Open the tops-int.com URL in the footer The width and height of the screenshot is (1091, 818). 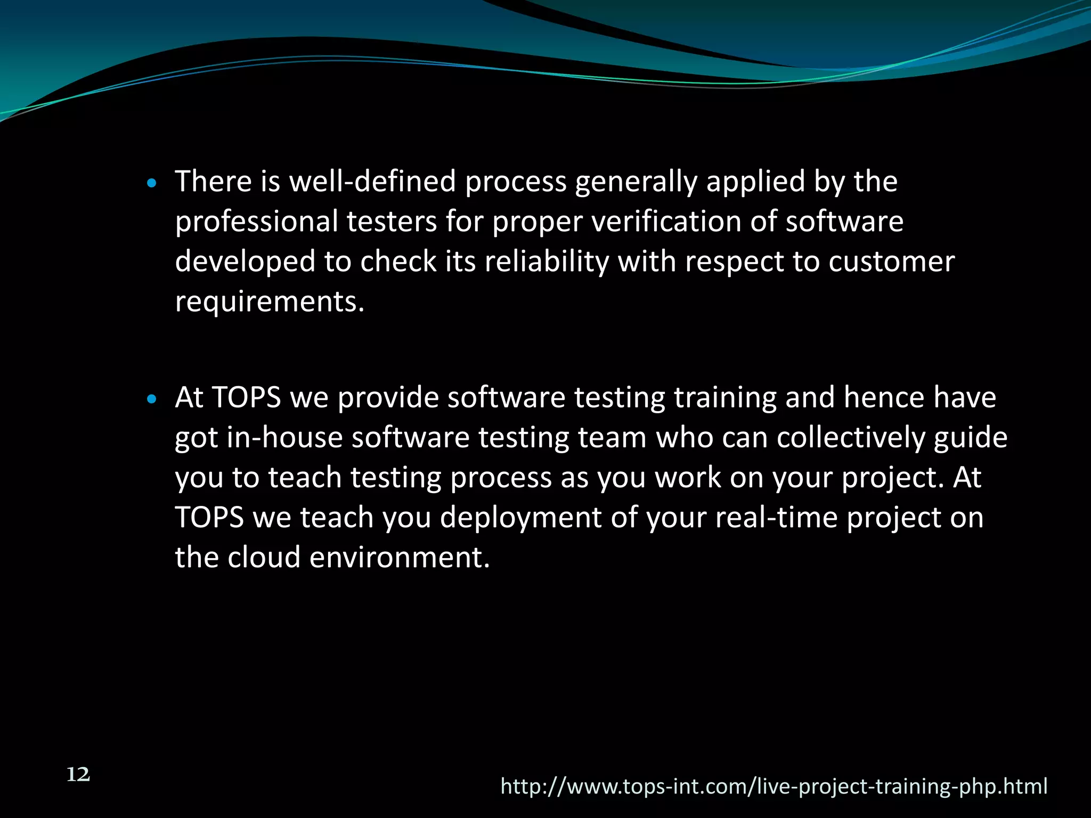(774, 787)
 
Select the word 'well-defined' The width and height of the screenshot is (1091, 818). (372, 182)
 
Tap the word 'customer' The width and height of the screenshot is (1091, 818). (891, 262)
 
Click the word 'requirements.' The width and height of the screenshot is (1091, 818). (270, 302)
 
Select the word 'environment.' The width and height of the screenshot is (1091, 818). (400, 558)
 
